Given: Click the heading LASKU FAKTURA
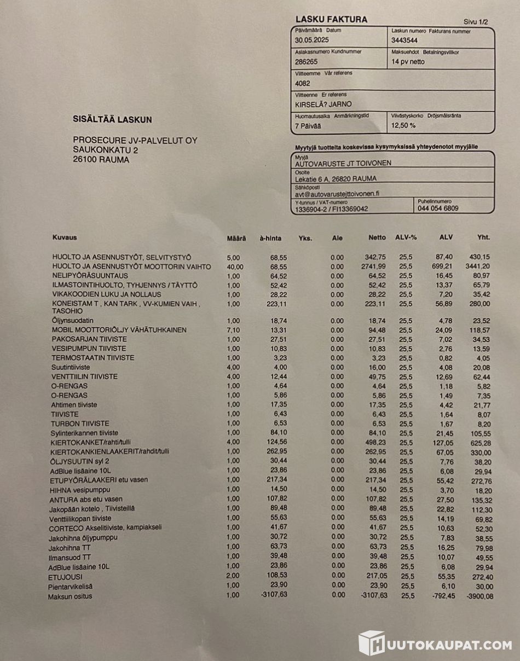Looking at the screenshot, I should click(331, 20).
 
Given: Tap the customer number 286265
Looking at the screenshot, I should click(306, 62).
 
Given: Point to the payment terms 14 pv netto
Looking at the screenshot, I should click(408, 62).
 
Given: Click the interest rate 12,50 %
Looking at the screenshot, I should click(403, 125).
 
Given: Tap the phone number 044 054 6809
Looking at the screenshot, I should click(438, 208).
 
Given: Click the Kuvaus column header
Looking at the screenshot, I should click(64, 237).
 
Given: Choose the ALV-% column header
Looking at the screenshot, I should click(406, 237).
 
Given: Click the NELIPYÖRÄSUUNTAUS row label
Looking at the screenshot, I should click(90, 276).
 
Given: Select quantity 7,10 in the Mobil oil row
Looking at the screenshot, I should click(234, 330).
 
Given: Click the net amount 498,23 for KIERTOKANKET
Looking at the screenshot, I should click(375, 442).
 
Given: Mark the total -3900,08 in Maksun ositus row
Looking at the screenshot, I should click(478, 595).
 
